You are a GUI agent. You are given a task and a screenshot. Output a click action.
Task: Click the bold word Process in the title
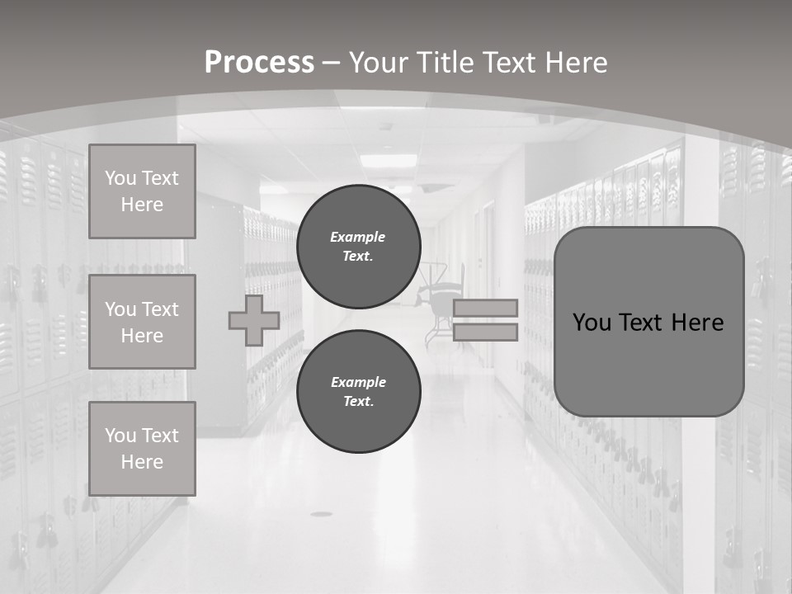[x=259, y=63]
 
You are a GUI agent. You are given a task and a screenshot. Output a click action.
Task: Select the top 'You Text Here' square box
[x=142, y=191]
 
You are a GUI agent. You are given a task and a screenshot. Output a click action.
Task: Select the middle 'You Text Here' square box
[x=142, y=322]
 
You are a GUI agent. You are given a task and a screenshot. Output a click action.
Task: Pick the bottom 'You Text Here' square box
[x=142, y=449]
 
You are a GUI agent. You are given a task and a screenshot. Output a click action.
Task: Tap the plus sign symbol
[x=254, y=320]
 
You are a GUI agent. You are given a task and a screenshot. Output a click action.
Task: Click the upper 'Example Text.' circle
[x=358, y=247]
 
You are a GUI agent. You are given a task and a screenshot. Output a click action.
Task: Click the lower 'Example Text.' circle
[x=358, y=392]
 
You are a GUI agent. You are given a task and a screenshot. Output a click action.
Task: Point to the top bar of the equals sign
[x=485, y=308]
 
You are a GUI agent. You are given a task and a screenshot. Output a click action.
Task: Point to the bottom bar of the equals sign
[x=485, y=332]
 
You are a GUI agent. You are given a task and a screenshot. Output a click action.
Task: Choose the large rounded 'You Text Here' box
[x=648, y=322]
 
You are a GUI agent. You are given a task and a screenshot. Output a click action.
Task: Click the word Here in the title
[x=575, y=63]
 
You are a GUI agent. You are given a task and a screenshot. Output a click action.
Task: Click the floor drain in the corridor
[x=321, y=514]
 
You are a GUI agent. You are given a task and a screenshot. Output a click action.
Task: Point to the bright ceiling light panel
[x=388, y=160]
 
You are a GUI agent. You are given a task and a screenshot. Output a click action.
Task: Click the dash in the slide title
[x=331, y=63]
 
